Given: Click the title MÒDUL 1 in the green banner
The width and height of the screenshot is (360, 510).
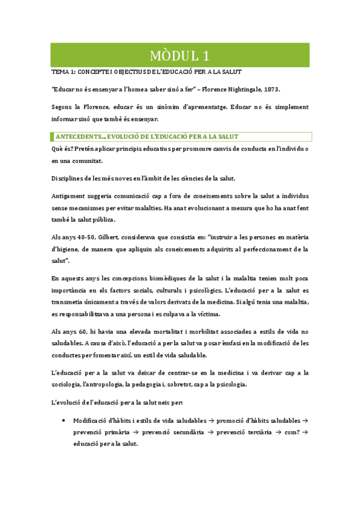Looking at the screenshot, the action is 180,57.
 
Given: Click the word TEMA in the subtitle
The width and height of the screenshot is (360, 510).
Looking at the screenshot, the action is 58,72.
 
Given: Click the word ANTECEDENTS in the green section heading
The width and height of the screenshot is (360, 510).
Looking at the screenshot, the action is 78,137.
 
